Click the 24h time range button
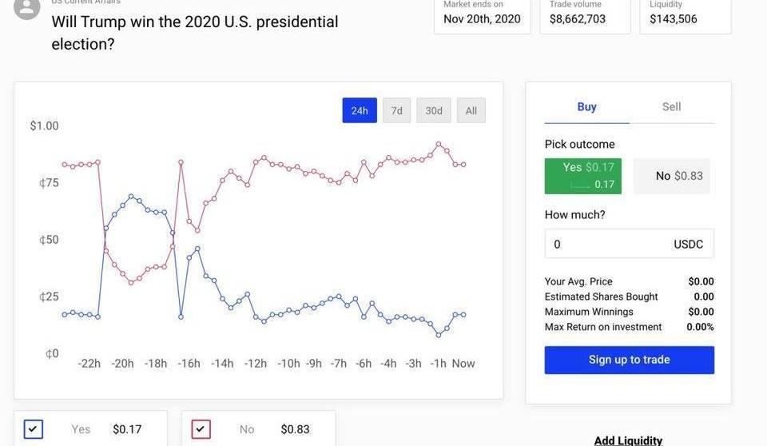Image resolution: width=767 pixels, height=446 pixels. (x=360, y=110)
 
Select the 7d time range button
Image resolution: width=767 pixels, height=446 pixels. (x=396, y=110)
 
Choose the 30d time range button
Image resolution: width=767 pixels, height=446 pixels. (x=434, y=110)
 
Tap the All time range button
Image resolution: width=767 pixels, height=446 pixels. (x=471, y=110)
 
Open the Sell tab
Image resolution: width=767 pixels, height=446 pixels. (x=671, y=106)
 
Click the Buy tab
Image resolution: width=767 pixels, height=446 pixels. (x=586, y=106)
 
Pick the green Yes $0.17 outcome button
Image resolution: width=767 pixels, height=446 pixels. (x=582, y=176)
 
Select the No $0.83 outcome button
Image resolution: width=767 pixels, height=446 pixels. (x=671, y=176)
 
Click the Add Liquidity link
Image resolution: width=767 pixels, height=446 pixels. (x=628, y=440)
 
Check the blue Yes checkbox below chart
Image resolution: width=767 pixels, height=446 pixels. (x=33, y=429)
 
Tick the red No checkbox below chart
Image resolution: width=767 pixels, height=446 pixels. (x=201, y=429)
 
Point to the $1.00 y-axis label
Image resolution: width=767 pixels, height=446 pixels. (x=44, y=125)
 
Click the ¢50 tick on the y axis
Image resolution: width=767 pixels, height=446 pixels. (x=48, y=240)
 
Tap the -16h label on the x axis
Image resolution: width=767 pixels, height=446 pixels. (x=189, y=364)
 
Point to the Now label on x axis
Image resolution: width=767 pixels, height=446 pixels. (x=463, y=364)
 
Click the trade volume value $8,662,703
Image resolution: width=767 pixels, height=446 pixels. (x=578, y=18)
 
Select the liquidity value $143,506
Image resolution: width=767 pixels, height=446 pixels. (x=674, y=18)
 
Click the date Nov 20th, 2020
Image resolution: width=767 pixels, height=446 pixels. (x=482, y=18)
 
